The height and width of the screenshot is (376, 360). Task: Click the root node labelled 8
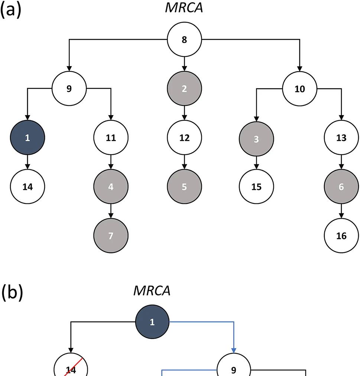point(184,40)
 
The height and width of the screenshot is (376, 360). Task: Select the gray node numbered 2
point(184,89)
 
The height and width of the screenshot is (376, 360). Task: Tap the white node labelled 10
point(300,89)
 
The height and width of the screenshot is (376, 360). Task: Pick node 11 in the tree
point(111,138)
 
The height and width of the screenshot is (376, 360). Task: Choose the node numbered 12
point(184,138)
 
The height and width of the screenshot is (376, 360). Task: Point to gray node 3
point(256,138)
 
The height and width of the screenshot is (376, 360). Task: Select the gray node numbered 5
point(184,187)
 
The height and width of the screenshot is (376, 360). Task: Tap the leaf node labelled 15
point(256,187)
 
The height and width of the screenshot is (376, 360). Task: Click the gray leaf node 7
point(111,236)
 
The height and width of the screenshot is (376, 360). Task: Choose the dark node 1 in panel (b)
point(152,322)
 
